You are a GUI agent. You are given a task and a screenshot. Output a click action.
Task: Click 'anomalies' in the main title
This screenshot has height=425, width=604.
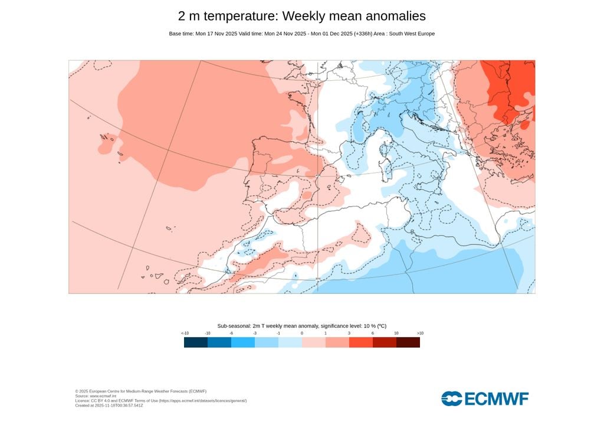click(390, 16)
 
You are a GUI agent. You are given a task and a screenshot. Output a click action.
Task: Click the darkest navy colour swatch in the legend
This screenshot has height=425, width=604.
click(196, 342)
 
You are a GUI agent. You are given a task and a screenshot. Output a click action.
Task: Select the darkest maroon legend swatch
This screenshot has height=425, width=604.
click(408, 342)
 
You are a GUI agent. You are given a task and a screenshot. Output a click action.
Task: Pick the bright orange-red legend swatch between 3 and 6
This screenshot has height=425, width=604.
click(361, 342)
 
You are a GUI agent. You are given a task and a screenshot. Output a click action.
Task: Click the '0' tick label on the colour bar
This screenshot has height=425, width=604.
click(302, 334)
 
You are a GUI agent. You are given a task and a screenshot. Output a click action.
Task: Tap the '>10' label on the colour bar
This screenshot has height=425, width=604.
click(419, 334)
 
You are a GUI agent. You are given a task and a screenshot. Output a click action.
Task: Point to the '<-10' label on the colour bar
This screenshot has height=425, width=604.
click(185, 334)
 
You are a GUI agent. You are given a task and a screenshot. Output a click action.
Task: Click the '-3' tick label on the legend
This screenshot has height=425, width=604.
click(255, 334)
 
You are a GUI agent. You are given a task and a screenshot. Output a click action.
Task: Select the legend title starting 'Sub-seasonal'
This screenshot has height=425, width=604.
click(301, 326)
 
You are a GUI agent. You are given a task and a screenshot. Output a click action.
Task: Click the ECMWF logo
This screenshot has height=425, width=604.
click(485, 398)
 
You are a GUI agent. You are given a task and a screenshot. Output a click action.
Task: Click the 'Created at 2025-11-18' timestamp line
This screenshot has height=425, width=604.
click(109, 406)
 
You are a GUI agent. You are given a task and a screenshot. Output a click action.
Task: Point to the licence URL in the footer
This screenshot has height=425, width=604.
click(201, 401)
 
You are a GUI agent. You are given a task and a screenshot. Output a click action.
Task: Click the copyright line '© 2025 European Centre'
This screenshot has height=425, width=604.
click(140, 391)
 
